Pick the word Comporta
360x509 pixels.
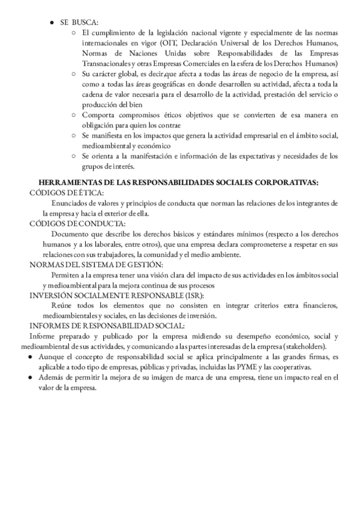(x=99, y=115)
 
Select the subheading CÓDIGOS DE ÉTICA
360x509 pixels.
(x=67, y=192)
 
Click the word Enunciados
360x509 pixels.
(x=71, y=202)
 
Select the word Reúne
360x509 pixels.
(x=62, y=306)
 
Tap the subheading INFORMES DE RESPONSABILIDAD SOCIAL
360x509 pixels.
(x=107, y=326)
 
